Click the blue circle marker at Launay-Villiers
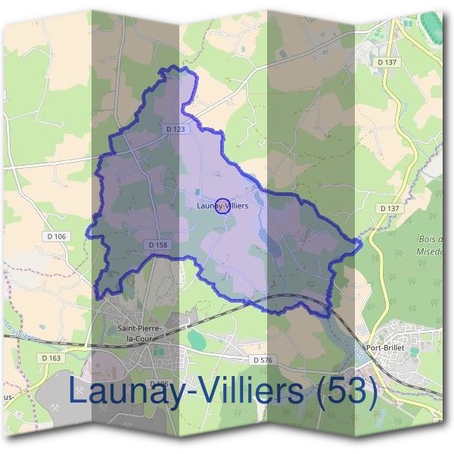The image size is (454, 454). click(222, 205)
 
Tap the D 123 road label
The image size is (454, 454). click(175, 129)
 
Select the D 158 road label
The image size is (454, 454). click(157, 245)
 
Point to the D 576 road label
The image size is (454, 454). click(262, 359)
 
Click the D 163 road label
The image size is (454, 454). click(51, 358)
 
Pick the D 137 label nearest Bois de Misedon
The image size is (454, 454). click(389, 208)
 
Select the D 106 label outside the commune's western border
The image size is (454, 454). click(55, 237)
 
